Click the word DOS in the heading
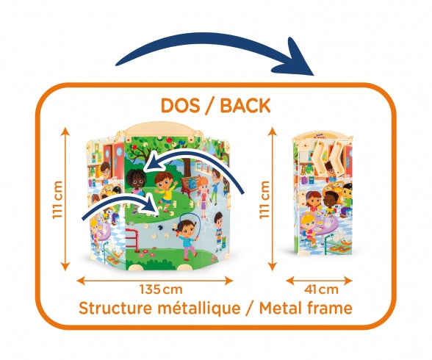click(x=180, y=105)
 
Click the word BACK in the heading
click(x=245, y=105)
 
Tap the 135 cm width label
click(x=161, y=289)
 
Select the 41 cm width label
click(x=321, y=289)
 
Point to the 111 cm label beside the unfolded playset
click(x=57, y=200)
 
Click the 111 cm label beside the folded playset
click(x=264, y=200)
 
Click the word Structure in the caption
click(x=115, y=309)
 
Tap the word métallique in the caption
click(x=199, y=309)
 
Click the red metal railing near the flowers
click(x=133, y=238)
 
